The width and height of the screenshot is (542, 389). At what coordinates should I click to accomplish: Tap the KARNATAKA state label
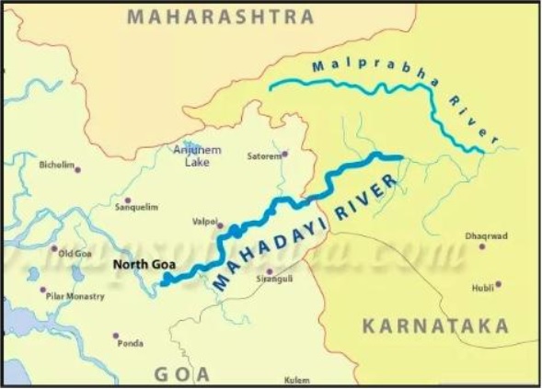coord(434,326)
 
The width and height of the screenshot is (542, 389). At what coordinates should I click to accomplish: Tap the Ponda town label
coord(131,344)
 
